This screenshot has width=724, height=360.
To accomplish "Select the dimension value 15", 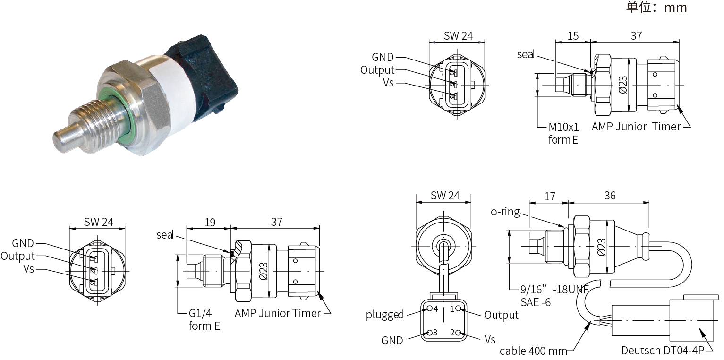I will pos(572,35).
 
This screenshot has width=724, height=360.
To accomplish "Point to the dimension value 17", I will pos(550,196).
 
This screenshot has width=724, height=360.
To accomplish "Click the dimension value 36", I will pos(610,196).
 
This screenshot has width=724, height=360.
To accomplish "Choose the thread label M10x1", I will pos(563,127).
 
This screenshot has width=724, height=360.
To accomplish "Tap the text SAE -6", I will pos(536,302).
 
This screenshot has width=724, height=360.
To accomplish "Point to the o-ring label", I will pos(505,212).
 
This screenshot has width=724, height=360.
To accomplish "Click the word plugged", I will pos(384,315).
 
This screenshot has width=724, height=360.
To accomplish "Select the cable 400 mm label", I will pos(533,351).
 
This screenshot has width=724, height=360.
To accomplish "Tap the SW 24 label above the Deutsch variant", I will pos(444,196).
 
